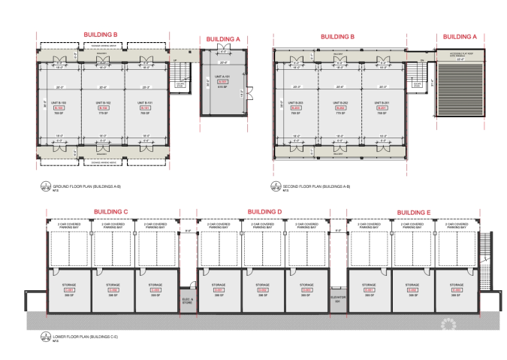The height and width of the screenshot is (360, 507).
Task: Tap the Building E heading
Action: point(414,212)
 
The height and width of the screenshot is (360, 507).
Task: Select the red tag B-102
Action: point(104,107)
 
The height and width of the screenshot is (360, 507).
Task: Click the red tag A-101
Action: point(223,81)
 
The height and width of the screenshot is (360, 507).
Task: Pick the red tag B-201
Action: point(381,107)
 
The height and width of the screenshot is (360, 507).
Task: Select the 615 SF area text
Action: point(223,86)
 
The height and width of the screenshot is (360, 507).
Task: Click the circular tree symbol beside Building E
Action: point(451,322)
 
